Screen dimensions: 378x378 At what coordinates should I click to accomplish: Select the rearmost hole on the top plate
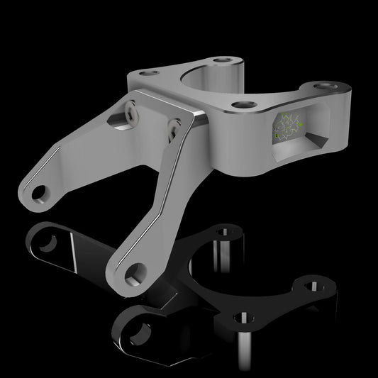click(225, 62)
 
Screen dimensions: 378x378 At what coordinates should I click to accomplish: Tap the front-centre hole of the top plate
click(245, 105)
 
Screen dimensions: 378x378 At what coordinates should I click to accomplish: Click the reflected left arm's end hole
click(47, 243)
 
